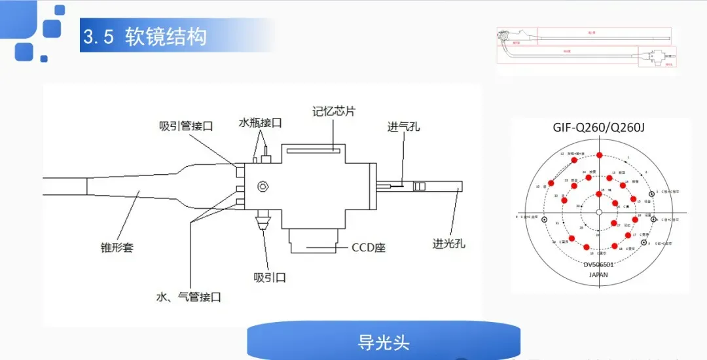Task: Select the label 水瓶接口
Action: point(260,122)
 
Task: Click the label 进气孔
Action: point(403,126)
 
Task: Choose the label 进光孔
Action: point(448,243)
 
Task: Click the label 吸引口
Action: point(270,278)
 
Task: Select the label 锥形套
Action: point(117,247)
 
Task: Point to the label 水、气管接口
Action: point(189,297)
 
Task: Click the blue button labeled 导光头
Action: point(384,342)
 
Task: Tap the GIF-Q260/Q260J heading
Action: point(599,127)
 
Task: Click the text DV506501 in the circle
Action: point(598,264)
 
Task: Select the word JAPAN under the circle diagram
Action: point(598,275)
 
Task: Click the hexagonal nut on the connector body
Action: point(263,186)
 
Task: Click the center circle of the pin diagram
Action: point(599,212)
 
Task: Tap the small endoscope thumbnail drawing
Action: point(587,48)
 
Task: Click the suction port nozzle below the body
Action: point(264,219)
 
